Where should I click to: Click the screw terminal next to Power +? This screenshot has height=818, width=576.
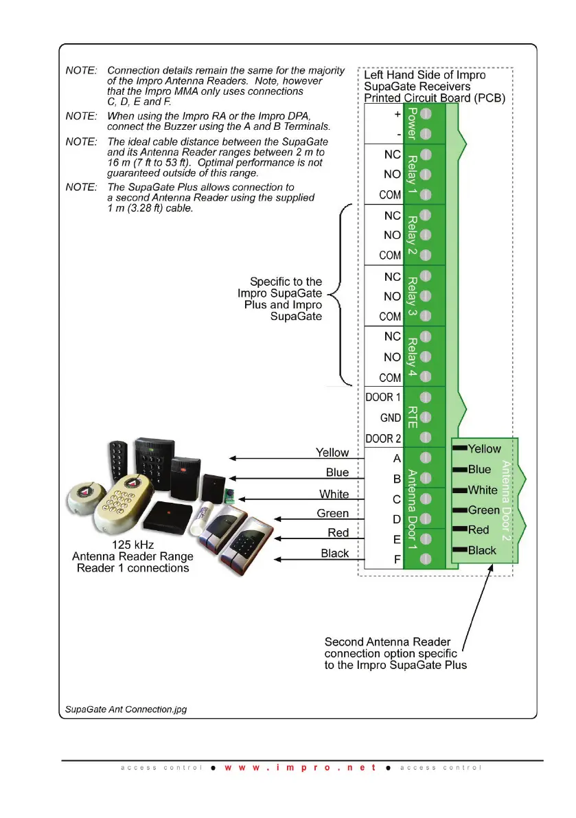click(426, 113)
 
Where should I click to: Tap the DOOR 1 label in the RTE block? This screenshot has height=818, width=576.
click(379, 398)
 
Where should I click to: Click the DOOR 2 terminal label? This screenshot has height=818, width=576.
click(379, 439)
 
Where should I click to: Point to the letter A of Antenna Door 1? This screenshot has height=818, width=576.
click(397, 458)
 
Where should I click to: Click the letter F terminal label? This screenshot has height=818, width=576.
click(397, 560)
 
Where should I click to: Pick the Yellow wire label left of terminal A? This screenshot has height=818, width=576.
click(332, 453)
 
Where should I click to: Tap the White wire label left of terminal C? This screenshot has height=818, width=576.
click(334, 495)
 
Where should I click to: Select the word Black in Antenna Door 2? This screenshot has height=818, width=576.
click(482, 550)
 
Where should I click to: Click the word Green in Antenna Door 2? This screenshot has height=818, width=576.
click(483, 510)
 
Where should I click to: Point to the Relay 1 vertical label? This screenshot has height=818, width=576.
click(412, 174)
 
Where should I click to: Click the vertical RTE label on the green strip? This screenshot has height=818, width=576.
click(412, 416)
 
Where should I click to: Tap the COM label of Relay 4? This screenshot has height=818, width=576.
click(390, 378)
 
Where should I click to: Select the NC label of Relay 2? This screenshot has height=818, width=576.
click(392, 215)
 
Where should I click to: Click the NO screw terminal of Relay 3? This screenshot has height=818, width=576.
click(426, 296)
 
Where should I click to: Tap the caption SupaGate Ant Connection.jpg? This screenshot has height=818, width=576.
click(126, 709)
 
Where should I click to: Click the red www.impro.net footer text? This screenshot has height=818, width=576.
click(300, 767)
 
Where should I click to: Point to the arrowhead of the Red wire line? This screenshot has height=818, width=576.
click(277, 539)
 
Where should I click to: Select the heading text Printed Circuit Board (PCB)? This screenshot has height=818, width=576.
click(434, 98)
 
